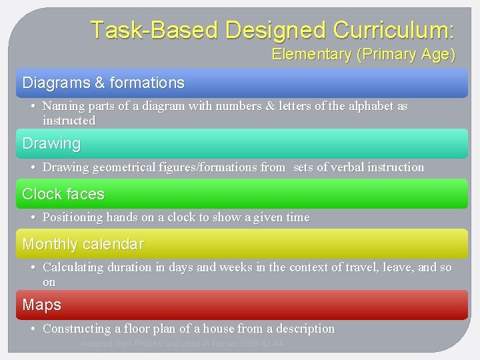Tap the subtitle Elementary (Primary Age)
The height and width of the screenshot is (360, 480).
pyautogui.click(x=363, y=55)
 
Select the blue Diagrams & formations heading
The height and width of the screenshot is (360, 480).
pyautogui.click(x=103, y=83)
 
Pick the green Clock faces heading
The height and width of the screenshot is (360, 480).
pyautogui.click(x=63, y=194)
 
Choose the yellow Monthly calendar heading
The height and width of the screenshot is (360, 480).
pyautogui.click(x=83, y=244)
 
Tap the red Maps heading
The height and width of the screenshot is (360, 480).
pyautogui.click(x=41, y=305)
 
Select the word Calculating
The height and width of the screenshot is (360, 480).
pyautogui.click(x=73, y=267)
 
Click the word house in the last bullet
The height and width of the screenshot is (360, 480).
pyautogui.click(x=217, y=329)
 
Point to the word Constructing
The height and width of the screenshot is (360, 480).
pyautogui.click(x=76, y=329)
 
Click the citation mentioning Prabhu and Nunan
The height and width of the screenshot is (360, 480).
pyautogui.click(x=181, y=344)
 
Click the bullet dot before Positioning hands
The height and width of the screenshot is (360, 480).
pyautogui.click(x=33, y=218)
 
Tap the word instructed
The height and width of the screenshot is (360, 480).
pyautogui.click(x=69, y=121)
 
